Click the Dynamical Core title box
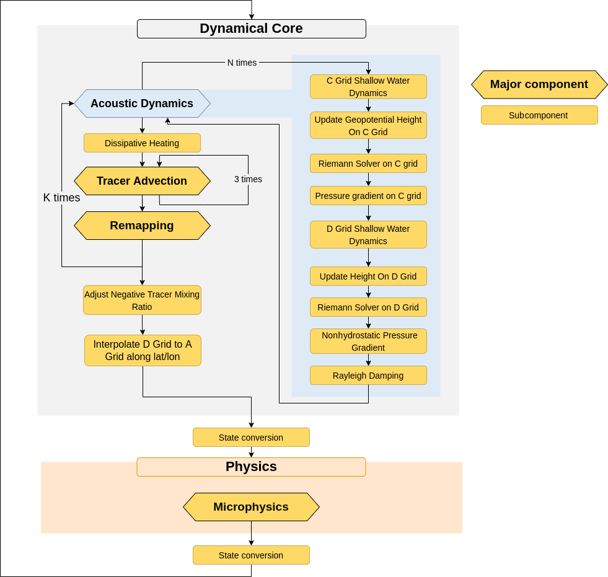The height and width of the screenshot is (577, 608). click(251, 29)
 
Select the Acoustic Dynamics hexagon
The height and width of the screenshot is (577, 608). click(142, 104)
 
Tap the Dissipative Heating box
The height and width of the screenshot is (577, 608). click(142, 143)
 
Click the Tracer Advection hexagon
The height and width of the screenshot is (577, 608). click(142, 181)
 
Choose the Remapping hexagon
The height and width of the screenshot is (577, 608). click(142, 226)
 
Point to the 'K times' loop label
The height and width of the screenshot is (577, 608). click(61, 198)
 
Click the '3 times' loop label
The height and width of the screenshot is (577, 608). click(248, 179)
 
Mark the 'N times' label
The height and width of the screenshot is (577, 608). click(242, 63)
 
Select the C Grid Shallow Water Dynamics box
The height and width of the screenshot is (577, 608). click(368, 87)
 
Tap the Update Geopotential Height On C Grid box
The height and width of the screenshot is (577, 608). click(368, 126)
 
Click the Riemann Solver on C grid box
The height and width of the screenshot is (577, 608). click(368, 164)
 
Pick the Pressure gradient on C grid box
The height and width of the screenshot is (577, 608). click(368, 196)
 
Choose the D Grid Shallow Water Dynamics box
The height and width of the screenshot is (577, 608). click(368, 235)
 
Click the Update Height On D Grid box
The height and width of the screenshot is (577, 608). click(368, 276)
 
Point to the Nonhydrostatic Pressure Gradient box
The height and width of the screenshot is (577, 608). click(368, 341)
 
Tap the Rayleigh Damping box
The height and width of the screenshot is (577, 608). click(368, 376)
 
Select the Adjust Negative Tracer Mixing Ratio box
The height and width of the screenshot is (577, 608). click(142, 301)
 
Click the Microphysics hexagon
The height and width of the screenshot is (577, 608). click(251, 507)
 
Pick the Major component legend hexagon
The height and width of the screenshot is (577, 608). click(539, 84)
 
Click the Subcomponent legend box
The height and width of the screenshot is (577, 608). click(539, 115)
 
